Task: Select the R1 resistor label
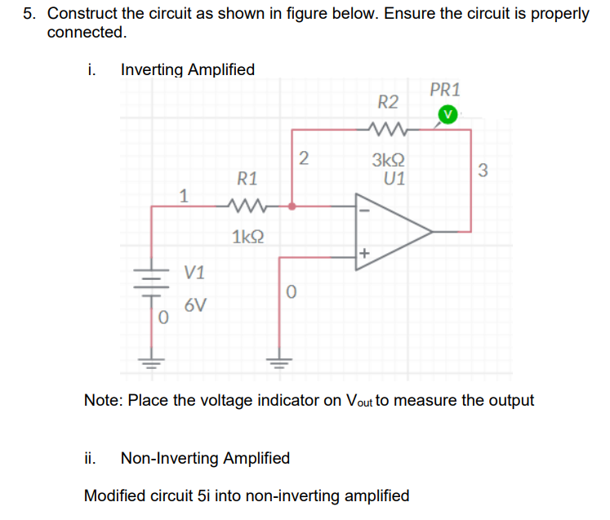coord(247,178)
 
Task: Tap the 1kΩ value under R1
coord(247,238)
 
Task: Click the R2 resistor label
coord(389,102)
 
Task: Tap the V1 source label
coord(194,272)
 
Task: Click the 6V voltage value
coord(195,306)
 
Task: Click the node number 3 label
coord(483,171)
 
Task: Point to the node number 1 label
coord(185,195)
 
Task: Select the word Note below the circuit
coord(103,401)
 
